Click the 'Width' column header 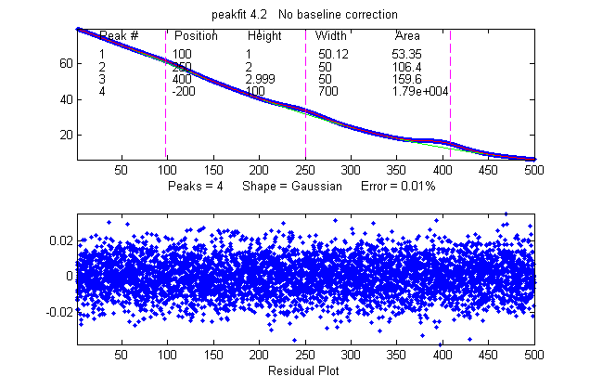pos(331,36)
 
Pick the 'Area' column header pos(407,36)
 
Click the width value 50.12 pos(331,55)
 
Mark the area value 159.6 pos(406,79)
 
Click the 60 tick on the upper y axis pos(65,63)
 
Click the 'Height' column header pos(263,36)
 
